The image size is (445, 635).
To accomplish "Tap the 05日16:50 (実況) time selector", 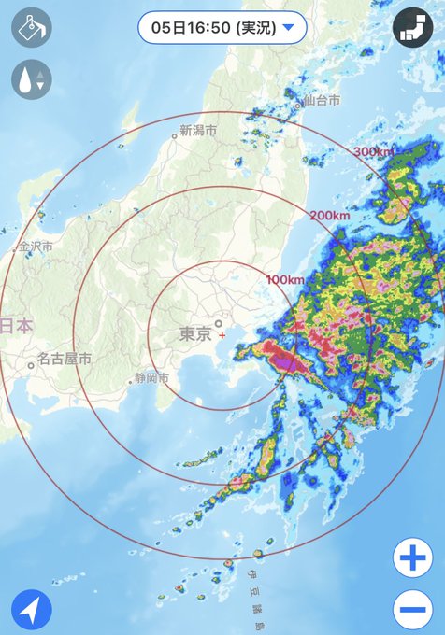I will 222,27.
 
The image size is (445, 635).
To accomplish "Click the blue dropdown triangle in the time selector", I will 288,28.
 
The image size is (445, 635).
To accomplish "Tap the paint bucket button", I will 32,28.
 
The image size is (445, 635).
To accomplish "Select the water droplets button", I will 32,79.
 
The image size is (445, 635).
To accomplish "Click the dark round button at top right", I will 412,28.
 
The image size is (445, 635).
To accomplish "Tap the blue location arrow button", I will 32,611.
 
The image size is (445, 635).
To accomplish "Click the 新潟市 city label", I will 198,131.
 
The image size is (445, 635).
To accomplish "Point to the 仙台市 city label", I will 321,99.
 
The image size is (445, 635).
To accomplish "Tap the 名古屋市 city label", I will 65,359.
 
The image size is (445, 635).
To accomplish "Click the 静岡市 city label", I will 151,378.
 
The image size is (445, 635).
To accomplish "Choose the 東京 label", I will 194,333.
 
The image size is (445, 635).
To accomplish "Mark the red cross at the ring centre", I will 222,334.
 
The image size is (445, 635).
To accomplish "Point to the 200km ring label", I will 328,216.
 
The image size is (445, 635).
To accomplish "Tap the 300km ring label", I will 373,151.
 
